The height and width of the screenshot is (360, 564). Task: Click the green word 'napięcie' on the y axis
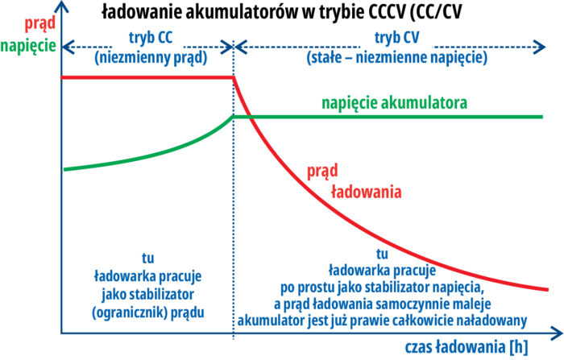[28, 45]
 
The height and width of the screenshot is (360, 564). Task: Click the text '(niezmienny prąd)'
[150, 58]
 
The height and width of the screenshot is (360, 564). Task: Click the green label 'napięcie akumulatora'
[394, 103]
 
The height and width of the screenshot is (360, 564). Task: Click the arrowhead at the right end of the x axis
[557, 332]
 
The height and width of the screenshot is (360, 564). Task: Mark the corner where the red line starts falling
[234, 78]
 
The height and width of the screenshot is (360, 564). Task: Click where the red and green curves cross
[248, 117]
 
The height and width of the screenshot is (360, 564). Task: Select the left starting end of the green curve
[63, 169]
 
